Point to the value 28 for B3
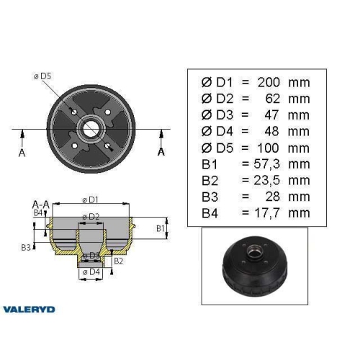277,196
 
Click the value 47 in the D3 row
277,115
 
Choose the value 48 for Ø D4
277,132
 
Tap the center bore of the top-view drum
91,130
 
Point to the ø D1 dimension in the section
90,199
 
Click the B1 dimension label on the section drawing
162,228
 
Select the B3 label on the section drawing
27,247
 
